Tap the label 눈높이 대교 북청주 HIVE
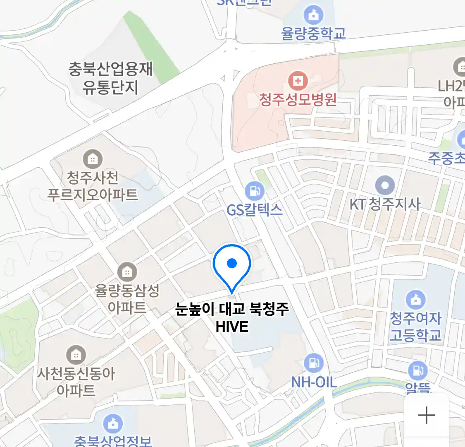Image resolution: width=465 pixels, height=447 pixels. coord(232,317)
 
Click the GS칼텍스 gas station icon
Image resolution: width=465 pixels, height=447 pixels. coord(254,191)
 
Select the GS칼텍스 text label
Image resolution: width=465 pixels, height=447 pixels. coord(254,210)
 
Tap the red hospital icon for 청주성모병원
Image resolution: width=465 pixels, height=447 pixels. coord(298,80)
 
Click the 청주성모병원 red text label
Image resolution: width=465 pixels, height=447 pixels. coord(298,100)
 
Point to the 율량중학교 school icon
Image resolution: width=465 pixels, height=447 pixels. coord(314,15)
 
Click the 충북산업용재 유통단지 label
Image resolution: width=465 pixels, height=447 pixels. coord(110,78)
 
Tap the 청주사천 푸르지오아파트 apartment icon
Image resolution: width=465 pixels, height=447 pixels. coord(93,159)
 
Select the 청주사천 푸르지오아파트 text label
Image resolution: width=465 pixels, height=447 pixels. coord(93,186)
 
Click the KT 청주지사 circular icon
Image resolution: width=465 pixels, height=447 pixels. coord(385,185)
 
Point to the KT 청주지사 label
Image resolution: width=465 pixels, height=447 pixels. coord(385,204)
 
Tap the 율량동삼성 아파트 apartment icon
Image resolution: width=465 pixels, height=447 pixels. coord(127,272)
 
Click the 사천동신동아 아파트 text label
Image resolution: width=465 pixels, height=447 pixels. coord(76,382)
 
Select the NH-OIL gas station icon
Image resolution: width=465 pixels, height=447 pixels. coord(314,363)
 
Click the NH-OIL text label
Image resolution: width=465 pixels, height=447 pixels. coord(314,382)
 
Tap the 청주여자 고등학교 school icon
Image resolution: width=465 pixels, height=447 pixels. coord(415,299)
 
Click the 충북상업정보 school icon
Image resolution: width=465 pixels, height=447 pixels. coord(112,423)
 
